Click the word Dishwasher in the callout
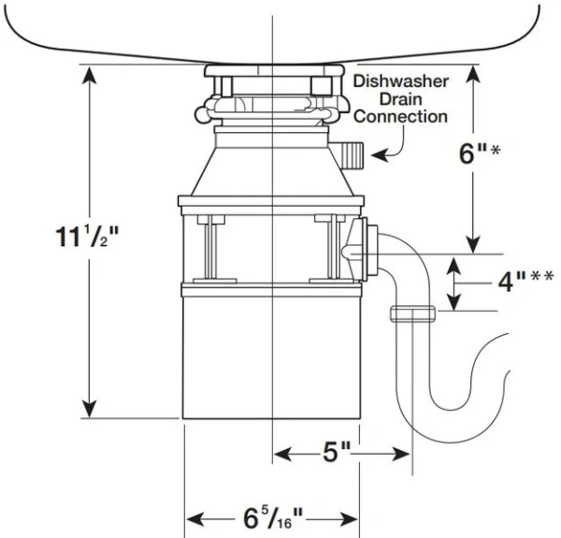[x=401, y=81]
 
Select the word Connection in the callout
[x=401, y=117]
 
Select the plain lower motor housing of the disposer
[x=269, y=356]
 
